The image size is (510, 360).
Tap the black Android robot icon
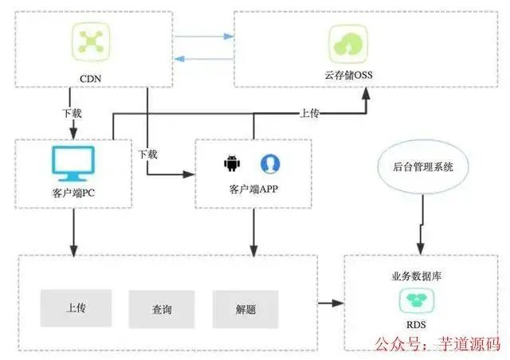pyautogui.click(x=232, y=163)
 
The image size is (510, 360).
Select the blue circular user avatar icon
pyautogui.click(x=270, y=163)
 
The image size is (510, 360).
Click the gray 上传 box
pyautogui.click(x=73, y=307)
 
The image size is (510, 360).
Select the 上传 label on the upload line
pyautogui.click(x=310, y=114)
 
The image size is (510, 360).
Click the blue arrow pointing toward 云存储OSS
pyautogui.click(x=204, y=36)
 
